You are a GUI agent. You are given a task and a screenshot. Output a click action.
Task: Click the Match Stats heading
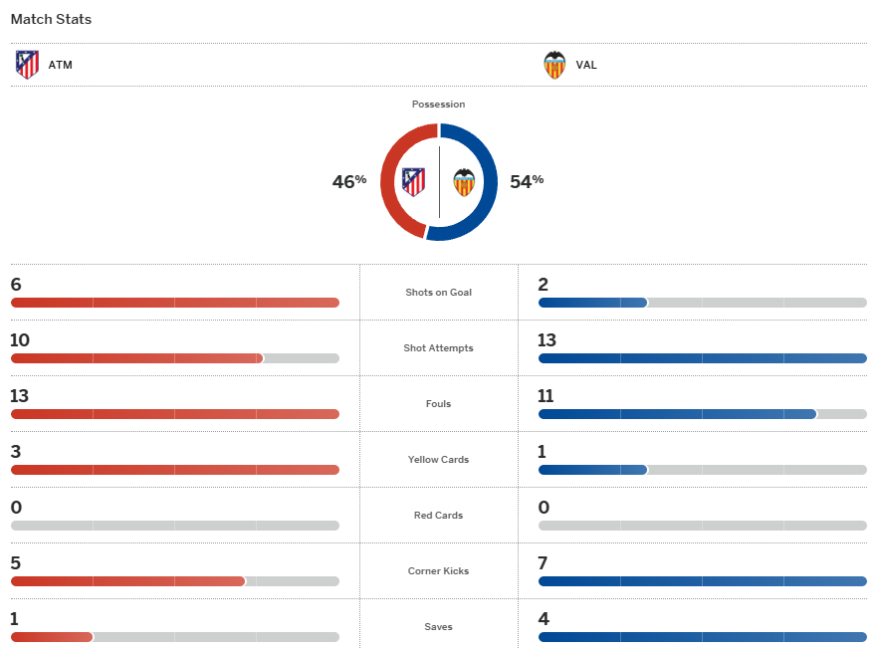pos(52,20)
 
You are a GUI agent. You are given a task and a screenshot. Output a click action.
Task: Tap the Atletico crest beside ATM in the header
pos(28,65)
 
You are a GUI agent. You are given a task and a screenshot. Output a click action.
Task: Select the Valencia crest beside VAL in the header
pos(554,65)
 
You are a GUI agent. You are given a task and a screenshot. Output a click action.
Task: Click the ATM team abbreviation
pos(61,66)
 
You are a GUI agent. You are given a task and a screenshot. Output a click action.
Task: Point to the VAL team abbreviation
pos(586,66)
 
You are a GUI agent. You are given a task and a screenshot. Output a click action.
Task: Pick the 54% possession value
pos(527,181)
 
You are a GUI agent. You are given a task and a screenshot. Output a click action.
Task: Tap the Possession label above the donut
pos(438,105)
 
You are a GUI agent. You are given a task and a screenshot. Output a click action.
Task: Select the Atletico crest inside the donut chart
pos(413,181)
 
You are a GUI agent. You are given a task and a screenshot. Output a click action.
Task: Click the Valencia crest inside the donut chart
pos(464,182)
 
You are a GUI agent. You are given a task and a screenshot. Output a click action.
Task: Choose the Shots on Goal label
pos(438,293)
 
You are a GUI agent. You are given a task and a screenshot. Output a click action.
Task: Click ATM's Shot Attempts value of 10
pos(20,340)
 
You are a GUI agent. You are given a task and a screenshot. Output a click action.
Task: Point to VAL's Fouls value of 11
pos(546,396)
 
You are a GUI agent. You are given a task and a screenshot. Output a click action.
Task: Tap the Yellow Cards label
pos(438,460)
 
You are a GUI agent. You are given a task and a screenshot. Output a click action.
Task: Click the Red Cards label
pos(438,516)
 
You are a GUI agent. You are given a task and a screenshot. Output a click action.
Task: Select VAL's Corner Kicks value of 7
pos(543,563)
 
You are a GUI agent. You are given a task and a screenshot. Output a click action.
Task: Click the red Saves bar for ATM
pos(52,637)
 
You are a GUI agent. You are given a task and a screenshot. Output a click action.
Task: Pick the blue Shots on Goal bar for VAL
pos(592,303)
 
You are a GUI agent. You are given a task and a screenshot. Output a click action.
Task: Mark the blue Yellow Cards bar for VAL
pos(592,470)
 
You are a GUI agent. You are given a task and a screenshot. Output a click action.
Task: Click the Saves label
pos(438,627)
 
